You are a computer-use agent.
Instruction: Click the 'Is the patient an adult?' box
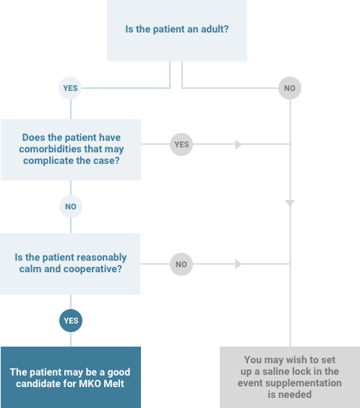[177, 30]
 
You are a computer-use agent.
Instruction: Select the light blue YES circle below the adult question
[70, 88]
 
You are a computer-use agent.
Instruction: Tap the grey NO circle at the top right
[290, 88]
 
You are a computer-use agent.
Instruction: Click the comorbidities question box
[71, 149]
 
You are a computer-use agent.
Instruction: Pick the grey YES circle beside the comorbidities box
[181, 144]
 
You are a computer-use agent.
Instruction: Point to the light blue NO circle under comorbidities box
[71, 207]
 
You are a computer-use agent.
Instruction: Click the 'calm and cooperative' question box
[70, 264]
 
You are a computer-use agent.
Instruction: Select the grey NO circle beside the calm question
[181, 264]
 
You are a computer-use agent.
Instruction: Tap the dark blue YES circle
[71, 321]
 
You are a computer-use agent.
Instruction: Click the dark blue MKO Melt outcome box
[71, 377]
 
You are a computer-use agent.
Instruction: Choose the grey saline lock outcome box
[290, 377]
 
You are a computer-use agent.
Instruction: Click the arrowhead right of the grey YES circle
[239, 144]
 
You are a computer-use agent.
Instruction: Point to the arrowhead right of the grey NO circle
[239, 264]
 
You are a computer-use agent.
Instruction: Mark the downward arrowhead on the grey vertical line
[290, 203]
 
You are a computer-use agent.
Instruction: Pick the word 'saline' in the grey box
[280, 371]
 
